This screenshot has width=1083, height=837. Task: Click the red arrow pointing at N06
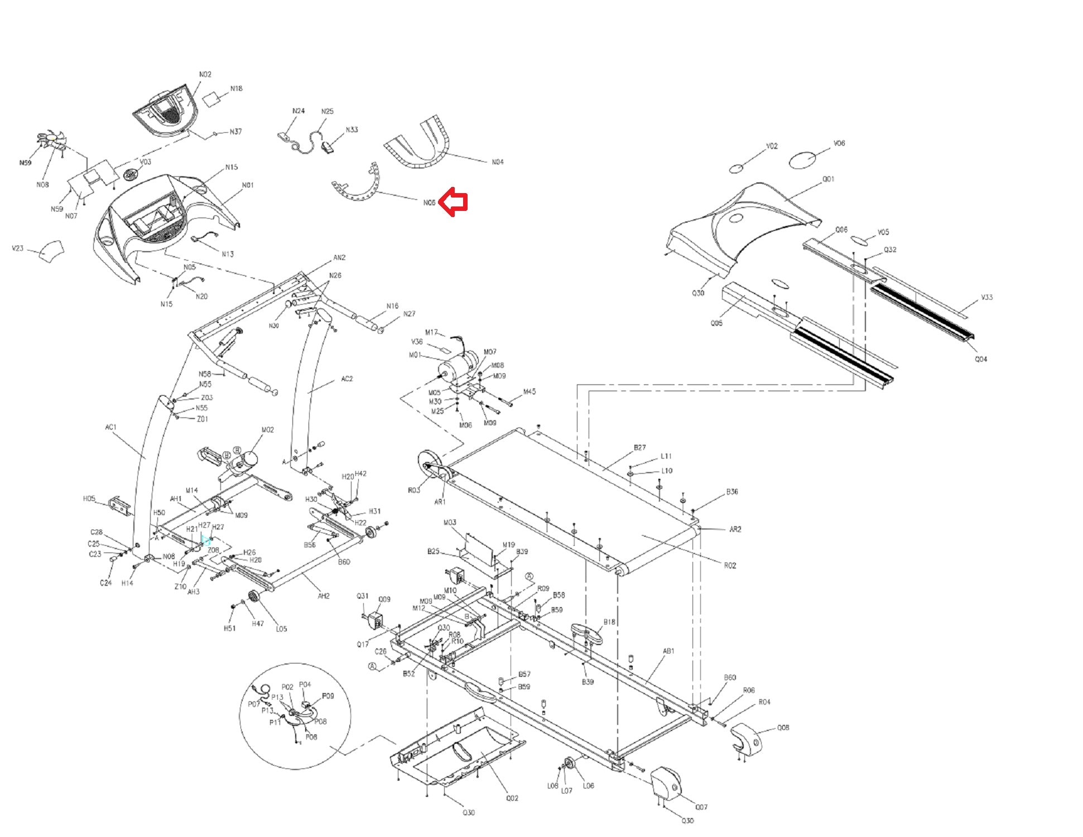point(453,203)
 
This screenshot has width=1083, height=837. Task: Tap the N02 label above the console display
point(205,74)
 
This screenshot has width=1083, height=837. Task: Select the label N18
point(237,89)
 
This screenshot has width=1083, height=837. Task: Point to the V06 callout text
point(839,143)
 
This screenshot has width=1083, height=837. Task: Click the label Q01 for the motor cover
point(828,180)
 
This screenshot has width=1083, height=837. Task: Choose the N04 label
point(497,162)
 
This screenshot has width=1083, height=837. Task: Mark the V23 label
point(17,248)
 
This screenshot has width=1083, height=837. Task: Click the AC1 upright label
point(110,427)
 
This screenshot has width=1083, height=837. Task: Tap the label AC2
point(346,379)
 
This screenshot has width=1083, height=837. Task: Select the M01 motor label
point(416,355)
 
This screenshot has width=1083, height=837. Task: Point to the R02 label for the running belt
point(730,565)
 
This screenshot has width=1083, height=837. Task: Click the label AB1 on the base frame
point(668,651)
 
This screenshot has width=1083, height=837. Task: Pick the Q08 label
point(783,728)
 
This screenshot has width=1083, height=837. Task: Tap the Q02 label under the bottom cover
point(512,798)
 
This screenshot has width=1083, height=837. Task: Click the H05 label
point(89,499)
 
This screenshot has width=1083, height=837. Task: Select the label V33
point(986,297)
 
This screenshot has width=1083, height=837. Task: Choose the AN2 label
point(339,258)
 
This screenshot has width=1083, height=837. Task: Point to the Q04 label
point(980,359)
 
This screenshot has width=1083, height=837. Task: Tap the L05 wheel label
point(281,629)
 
